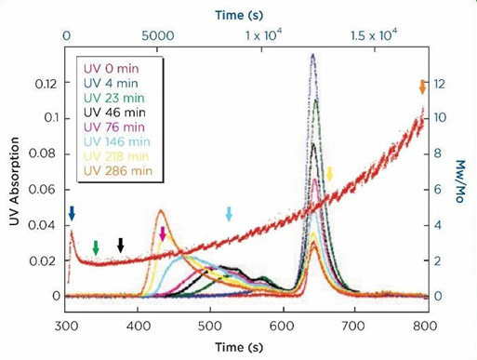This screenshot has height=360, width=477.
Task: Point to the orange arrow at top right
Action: [422, 87]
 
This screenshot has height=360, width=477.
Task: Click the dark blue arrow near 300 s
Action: [72, 214]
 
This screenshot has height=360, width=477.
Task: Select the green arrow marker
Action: [96, 247]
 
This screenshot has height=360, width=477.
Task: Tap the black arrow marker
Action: [120, 245]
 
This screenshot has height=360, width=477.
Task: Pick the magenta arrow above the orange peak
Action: [163, 233]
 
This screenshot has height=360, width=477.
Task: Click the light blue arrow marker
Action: [230, 214]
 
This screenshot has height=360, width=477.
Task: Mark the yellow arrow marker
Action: [329, 174]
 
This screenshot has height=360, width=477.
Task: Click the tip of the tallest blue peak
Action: [312, 55]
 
